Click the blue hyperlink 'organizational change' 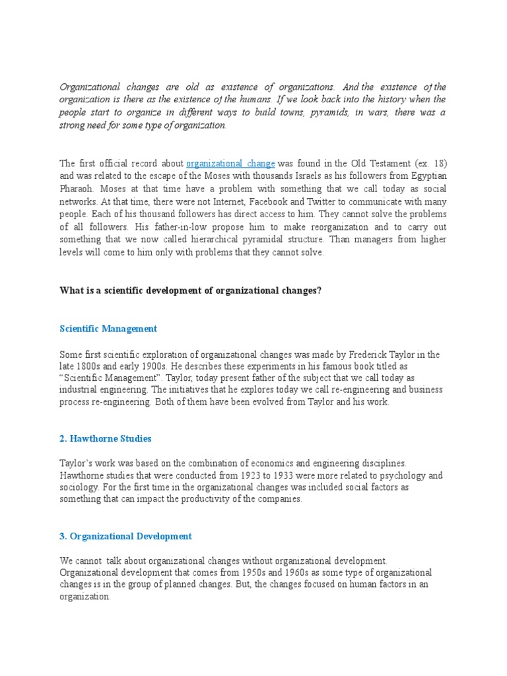tap(230, 163)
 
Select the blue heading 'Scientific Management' tap(108, 328)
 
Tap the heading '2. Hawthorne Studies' tap(106, 438)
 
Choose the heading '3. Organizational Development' tap(125, 536)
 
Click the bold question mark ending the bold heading tap(320, 290)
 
